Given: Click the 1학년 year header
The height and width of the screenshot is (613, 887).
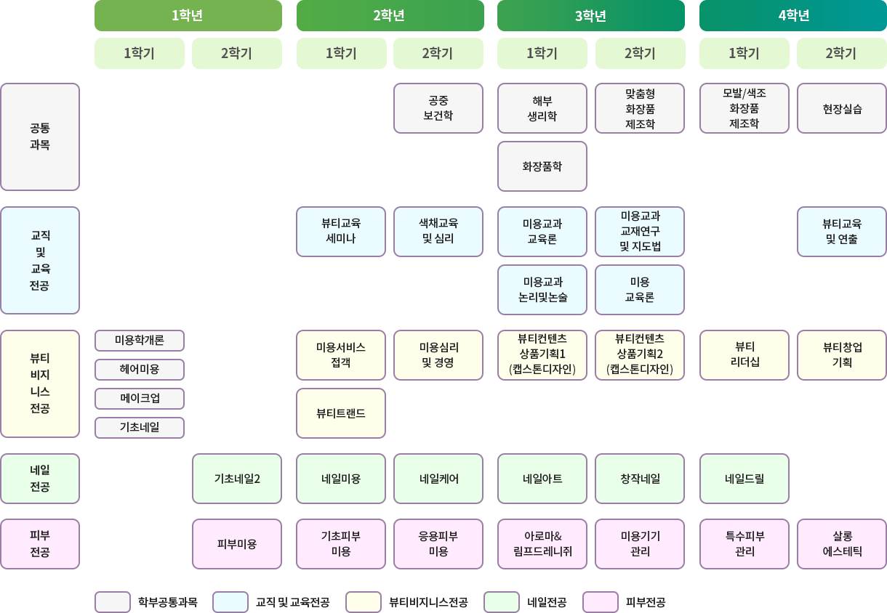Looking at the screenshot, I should click(188, 15).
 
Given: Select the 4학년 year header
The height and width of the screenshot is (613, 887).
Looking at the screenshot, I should click(792, 15).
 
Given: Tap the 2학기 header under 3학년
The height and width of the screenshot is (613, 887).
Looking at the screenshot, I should click(640, 53).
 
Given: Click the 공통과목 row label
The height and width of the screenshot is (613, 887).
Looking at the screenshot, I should click(40, 137).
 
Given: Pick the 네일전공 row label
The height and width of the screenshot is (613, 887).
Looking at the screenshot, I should click(40, 479).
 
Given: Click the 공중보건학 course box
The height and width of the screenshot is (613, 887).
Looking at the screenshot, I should click(438, 108).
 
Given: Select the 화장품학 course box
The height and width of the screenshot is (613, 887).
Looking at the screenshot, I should click(542, 166).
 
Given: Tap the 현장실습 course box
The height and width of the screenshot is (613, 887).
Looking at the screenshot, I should click(841, 108).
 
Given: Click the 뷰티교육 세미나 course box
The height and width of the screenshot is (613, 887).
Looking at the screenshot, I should click(341, 232).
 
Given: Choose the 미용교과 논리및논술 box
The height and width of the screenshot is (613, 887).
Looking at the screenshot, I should click(542, 290).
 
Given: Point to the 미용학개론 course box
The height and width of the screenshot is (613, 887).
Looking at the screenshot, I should click(140, 340).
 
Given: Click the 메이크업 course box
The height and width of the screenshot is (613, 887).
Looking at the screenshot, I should click(140, 398).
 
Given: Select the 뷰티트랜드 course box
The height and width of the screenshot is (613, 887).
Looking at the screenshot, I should click(341, 413).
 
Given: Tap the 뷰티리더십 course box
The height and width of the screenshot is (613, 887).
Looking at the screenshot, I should click(744, 355).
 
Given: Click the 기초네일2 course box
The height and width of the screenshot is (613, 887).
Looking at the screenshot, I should click(236, 479).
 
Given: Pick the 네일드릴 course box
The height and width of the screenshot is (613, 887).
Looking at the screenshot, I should click(744, 479).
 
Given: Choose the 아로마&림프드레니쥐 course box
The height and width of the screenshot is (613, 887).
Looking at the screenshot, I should click(542, 544).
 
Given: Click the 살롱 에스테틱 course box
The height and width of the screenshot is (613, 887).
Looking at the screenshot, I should click(841, 544).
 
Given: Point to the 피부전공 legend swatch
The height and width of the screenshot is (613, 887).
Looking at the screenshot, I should click(601, 602).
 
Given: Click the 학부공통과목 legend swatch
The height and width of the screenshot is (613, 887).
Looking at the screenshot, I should click(113, 602).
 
